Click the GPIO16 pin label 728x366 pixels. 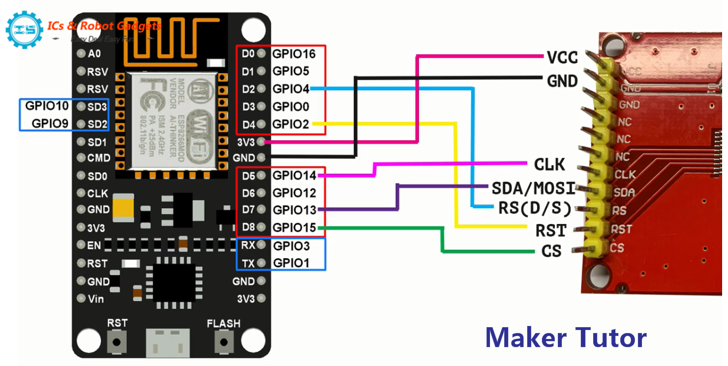point(294,54)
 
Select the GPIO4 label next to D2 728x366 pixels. point(290,89)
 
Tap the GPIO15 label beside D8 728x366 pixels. point(294,228)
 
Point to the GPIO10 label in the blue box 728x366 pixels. point(47,107)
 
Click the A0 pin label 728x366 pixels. point(94,54)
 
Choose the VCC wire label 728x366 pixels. point(562,57)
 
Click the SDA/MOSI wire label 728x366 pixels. point(533,189)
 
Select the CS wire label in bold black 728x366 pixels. point(551,251)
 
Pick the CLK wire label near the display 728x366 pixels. point(550,164)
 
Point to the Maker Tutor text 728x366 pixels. point(565,338)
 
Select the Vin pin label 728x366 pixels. point(95,299)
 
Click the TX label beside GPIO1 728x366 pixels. point(248,263)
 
